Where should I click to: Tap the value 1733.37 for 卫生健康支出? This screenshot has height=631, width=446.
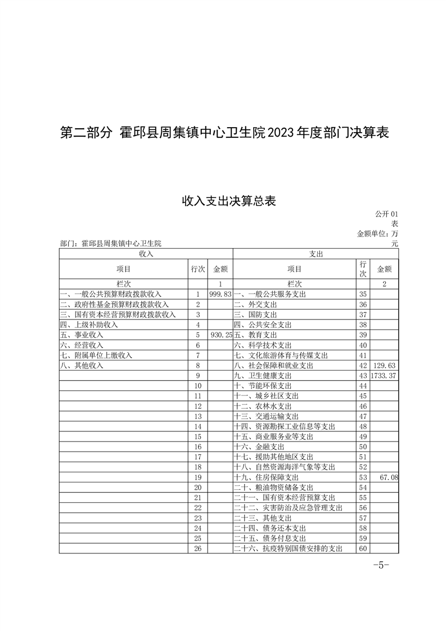[x=384, y=375]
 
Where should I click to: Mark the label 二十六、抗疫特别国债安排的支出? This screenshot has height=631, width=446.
[x=287, y=548]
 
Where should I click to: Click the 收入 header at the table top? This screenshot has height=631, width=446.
[x=146, y=254]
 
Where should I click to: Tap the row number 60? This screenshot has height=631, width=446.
[x=363, y=548]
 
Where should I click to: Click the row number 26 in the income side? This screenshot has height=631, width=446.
[x=197, y=548]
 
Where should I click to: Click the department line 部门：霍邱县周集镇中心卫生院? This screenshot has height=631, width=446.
[x=110, y=244]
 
